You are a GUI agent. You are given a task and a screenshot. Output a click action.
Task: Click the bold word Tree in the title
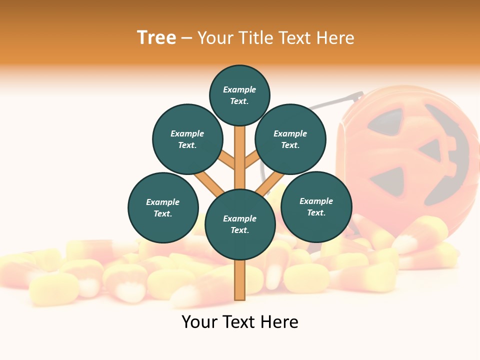[156, 38]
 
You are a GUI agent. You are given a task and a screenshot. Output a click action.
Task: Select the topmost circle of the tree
[239, 95]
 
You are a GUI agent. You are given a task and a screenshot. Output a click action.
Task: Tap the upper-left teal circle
[187, 139]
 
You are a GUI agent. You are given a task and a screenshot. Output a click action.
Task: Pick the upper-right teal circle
[290, 139]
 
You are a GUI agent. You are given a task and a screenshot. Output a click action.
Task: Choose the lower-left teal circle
[163, 207]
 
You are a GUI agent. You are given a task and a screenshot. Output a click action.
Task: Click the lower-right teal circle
[316, 206]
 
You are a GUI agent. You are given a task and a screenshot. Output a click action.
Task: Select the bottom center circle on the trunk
[240, 224]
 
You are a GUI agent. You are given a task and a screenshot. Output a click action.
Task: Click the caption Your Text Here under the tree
[240, 322]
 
